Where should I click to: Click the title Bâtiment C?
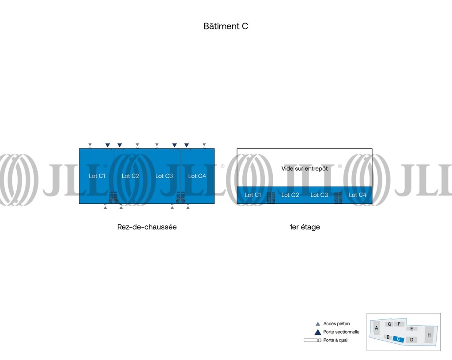tap(226, 26)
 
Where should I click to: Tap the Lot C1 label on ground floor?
tap(97, 176)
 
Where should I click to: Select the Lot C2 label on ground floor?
tap(130, 176)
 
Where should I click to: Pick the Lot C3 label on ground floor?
tap(164, 176)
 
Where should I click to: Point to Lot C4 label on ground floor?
tap(197, 176)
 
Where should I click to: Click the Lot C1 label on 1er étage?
tap(253, 195)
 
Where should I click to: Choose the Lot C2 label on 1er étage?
tap(290, 195)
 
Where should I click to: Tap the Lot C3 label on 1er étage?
tap(319, 195)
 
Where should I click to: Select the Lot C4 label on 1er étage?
tap(358, 195)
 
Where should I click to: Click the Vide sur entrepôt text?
tap(305, 169)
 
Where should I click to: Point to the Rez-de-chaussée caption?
tap(147, 227)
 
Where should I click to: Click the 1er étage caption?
tap(305, 227)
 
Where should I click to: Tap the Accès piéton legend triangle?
tap(318, 324)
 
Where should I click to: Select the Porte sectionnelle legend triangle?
tap(318, 332)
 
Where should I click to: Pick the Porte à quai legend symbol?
tap(313, 340)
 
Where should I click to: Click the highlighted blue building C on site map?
tap(399, 339)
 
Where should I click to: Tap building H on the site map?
tap(429, 335)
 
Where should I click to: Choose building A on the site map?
tap(376, 328)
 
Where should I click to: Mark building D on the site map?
tap(412, 340)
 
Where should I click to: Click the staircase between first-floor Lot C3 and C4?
tap(338, 198)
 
